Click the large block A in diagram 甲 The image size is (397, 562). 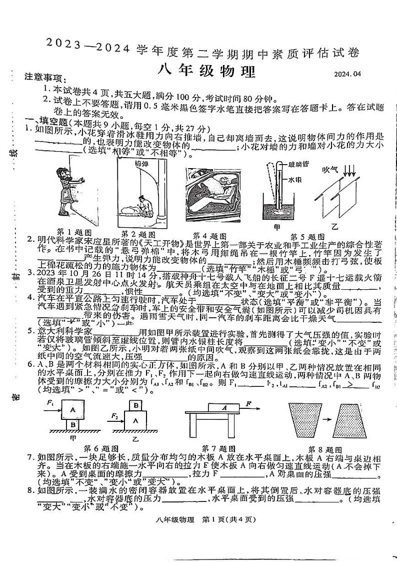[72, 409]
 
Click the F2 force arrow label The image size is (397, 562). [115, 415]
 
